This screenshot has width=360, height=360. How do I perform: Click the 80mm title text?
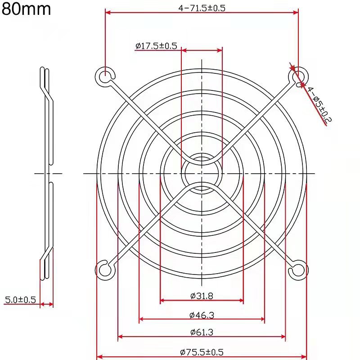coord(26,9)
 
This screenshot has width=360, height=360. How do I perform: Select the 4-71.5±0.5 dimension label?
coord(202,8)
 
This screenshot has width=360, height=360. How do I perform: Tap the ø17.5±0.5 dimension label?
coord(156,46)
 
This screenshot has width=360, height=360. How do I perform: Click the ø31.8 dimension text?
coord(202,296)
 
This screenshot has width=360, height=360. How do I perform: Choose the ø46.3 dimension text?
coord(202,315)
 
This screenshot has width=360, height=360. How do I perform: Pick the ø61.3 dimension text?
coord(202,332)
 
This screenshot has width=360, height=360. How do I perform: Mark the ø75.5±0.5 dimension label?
coord(202,352)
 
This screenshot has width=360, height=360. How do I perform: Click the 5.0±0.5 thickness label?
coord(20,300)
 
